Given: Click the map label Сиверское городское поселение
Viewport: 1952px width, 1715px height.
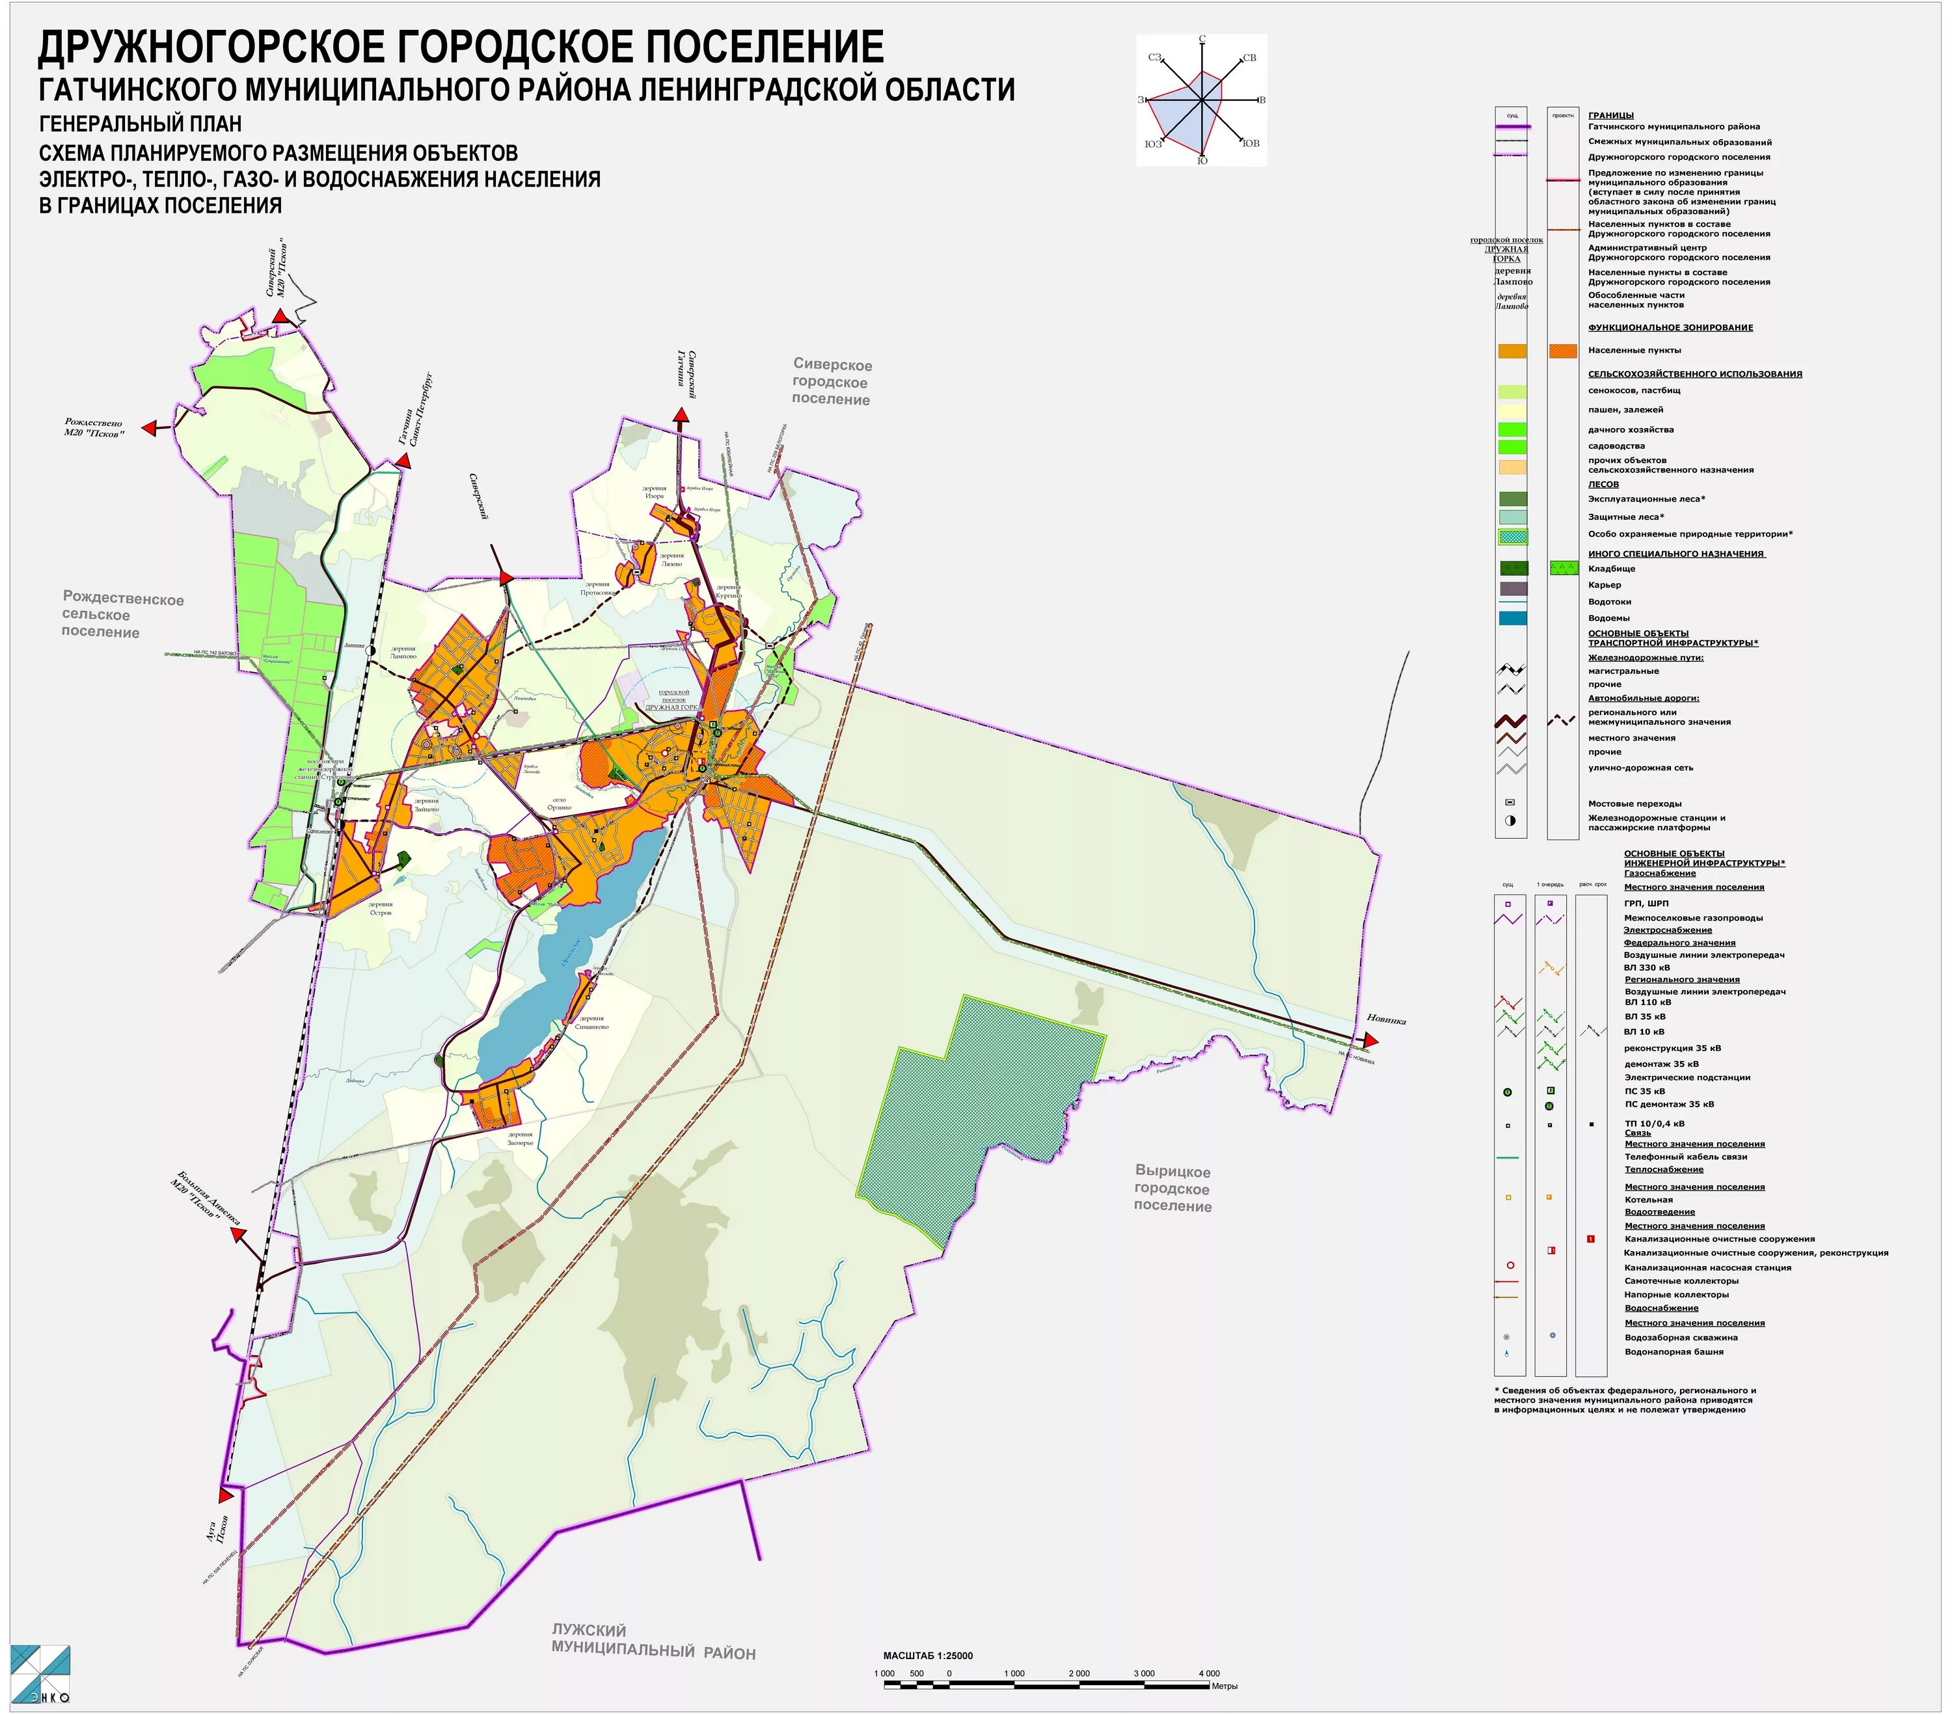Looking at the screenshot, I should tap(831, 382).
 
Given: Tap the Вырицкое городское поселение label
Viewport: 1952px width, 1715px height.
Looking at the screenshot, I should tap(1173, 1189).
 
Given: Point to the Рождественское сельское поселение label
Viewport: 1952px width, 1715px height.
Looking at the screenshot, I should tap(122, 615).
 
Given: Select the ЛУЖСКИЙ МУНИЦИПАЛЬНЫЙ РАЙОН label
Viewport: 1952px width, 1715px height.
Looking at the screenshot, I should tap(653, 1641).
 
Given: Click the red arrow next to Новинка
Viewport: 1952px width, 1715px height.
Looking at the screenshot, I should tap(1372, 1040).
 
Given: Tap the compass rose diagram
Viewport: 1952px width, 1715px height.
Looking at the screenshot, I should tap(1201, 100).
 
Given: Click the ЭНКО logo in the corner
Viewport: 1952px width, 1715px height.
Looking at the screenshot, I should tap(40, 1674).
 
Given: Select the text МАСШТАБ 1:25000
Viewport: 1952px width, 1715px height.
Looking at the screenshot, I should tap(927, 1656).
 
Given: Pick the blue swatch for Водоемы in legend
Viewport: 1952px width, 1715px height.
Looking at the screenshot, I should tap(1511, 618).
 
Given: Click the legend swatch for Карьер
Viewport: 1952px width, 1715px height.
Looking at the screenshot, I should tap(1511, 588).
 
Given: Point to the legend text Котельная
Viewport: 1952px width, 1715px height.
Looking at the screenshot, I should tap(1648, 1199).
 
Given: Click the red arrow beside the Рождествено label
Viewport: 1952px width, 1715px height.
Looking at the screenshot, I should tap(149, 429).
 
